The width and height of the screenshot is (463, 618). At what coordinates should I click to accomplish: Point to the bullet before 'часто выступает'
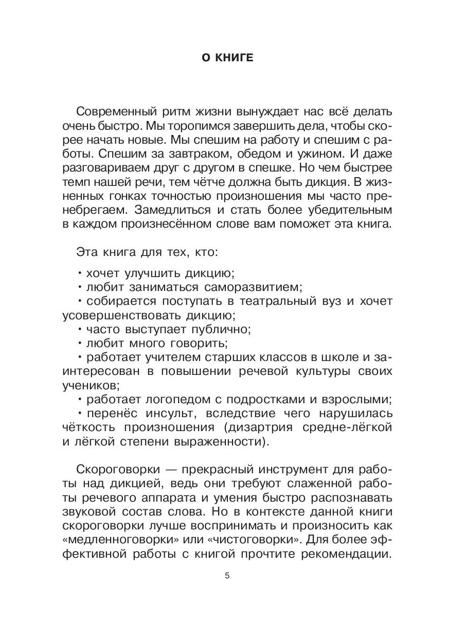[x=80, y=329]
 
